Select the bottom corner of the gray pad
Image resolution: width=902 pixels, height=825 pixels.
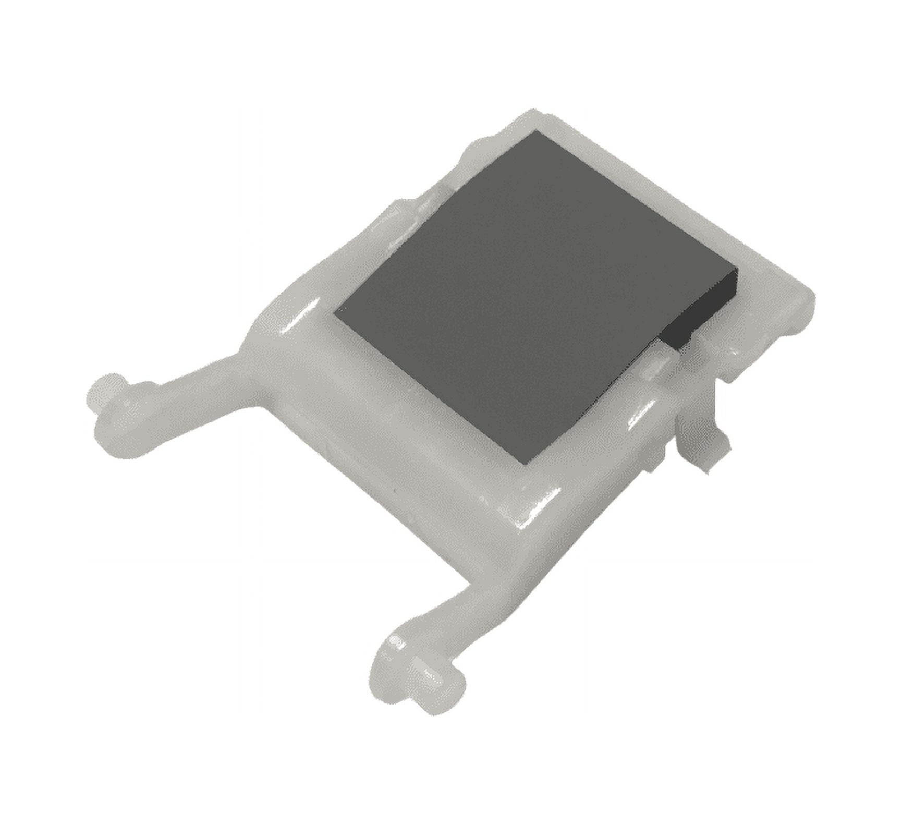528,463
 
